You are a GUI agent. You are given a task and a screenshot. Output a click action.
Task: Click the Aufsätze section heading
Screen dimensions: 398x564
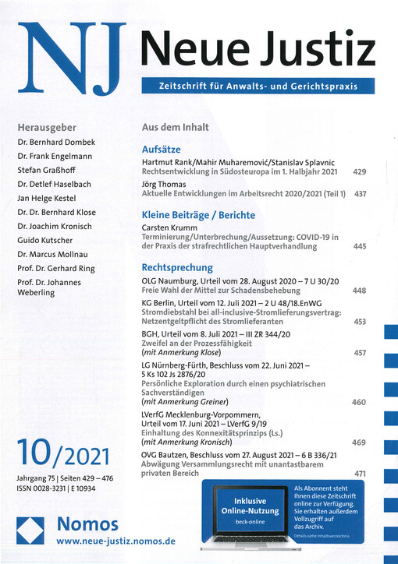point(162,147)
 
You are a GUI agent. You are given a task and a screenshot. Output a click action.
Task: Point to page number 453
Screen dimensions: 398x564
point(360,322)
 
